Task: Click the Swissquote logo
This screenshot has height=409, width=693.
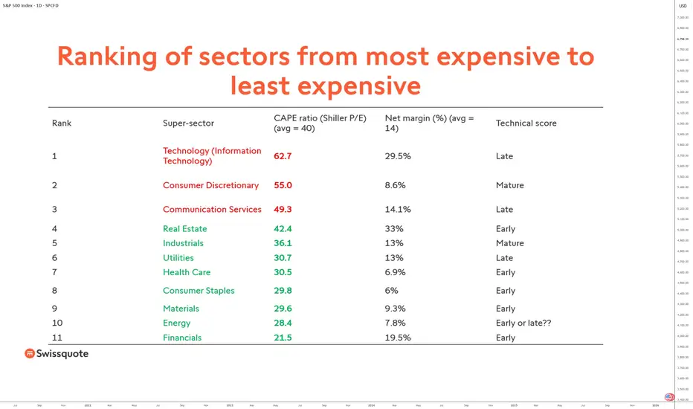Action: pos(57,354)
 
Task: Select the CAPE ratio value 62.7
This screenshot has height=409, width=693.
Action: pos(283,156)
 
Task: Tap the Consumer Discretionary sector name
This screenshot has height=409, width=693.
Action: pos(210,185)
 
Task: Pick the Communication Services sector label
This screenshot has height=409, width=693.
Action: pos(212,210)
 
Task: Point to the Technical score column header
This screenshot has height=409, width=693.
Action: pos(526,123)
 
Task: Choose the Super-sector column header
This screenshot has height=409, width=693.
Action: pos(188,123)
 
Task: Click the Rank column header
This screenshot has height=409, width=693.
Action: pos(62,123)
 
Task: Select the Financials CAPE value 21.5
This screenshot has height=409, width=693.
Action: pos(283,338)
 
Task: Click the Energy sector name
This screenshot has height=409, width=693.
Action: pos(176,323)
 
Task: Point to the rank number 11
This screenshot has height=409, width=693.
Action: pos(57,338)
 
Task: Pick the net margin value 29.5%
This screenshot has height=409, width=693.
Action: pos(398,156)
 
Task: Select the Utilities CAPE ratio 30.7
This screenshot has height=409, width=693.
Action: pos(283,258)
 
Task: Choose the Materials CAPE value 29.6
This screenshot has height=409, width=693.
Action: pos(283,309)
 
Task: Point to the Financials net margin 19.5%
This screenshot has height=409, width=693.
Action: pos(398,338)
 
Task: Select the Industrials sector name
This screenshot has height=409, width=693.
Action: pos(183,243)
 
